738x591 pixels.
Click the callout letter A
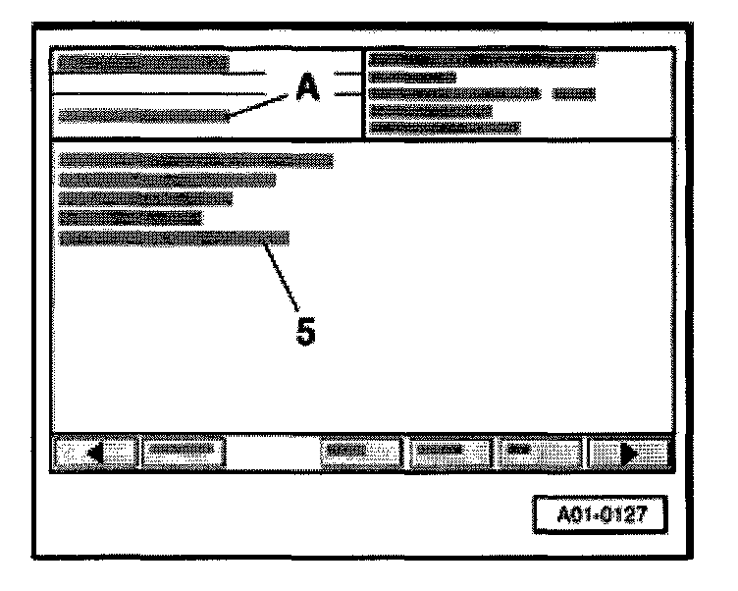(308, 89)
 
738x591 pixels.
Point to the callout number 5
(305, 332)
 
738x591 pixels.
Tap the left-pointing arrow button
(95, 451)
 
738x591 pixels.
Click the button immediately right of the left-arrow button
(183, 451)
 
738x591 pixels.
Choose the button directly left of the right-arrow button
(541, 451)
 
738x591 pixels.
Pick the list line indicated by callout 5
(174, 237)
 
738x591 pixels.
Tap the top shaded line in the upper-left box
(142, 63)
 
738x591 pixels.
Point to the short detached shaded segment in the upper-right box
(573, 94)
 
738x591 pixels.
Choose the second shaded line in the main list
(167, 179)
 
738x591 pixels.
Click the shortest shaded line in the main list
(130, 217)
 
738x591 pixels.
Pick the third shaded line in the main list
(145, 198)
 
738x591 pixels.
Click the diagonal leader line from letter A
(260, 105)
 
